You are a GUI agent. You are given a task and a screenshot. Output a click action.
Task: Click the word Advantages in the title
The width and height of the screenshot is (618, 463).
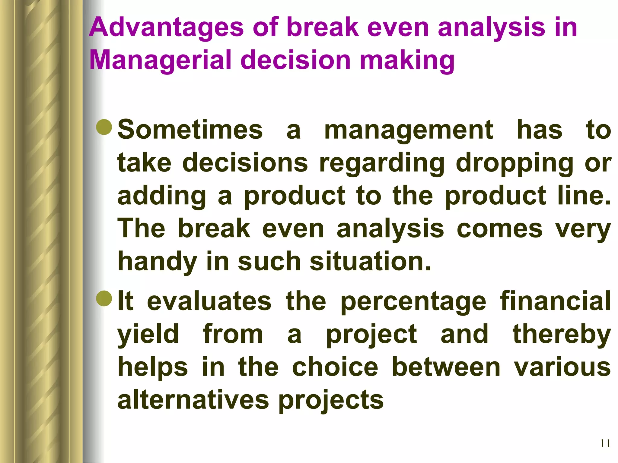[166, 28]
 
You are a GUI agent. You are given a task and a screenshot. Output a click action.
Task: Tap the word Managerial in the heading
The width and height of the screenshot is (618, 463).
[160, 60]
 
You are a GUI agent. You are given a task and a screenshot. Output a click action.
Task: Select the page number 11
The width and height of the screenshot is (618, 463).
[605, 443]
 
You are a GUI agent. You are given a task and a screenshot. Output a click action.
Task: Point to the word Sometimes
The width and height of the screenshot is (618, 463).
[190, 130]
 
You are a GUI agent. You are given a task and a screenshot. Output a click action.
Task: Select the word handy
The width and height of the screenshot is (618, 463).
[157, 262]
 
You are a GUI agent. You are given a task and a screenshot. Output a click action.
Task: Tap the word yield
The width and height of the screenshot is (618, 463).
[148, 335]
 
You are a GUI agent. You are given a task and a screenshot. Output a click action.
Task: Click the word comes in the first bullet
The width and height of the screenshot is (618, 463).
[499, 229]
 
